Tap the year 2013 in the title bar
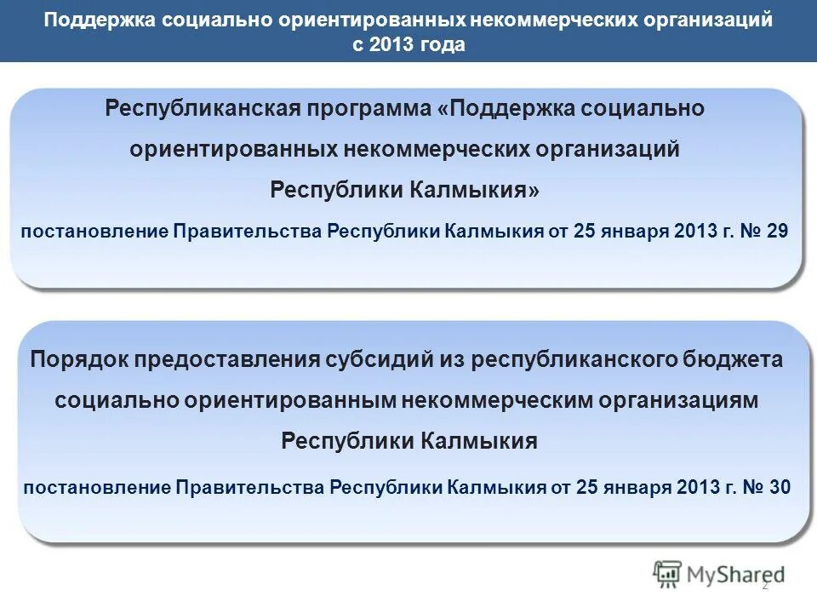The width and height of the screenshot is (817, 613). (x=391, y=45)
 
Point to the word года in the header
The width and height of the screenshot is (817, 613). (x=442, y=45)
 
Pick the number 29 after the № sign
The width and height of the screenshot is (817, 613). (x=777, y=231)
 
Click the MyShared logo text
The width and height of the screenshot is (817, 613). (x=736, y=576)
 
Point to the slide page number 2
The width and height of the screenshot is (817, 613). (x=764, y=585)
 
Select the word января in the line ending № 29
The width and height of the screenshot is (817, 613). (x=629, y=231)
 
